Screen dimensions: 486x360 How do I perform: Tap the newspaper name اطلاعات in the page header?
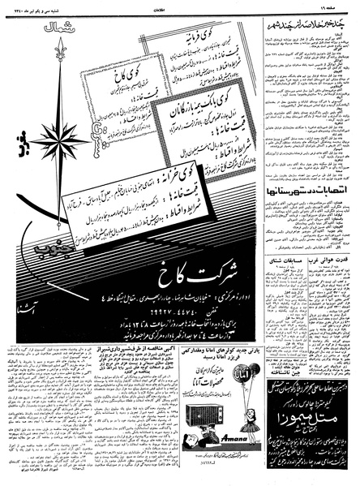(180, 5)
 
